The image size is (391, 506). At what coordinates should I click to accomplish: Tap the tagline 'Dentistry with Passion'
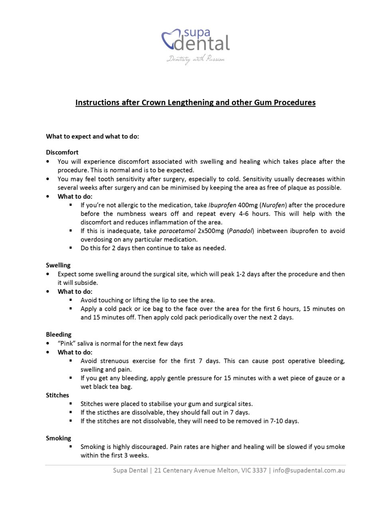coord(195,59)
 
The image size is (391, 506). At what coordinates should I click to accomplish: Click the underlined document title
coord(195,103)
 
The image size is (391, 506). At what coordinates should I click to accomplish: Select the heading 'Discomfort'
coord(62,152)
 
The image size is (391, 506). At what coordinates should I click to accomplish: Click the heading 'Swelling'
coord(58,265)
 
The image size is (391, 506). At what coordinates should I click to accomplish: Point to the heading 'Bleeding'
coord(59,335)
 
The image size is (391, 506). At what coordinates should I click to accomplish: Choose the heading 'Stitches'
coord(57,395)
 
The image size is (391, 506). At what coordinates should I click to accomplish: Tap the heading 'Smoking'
coord(59,438)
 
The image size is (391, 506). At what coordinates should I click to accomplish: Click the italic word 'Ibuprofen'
coord(222,205)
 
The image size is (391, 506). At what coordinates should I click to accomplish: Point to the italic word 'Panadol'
coord(241,231)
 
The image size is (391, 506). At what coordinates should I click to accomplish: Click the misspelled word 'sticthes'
coord(107,413)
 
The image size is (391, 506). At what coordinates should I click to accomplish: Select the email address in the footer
coord(309,470)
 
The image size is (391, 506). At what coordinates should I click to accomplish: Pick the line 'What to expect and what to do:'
coord(93,136)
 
